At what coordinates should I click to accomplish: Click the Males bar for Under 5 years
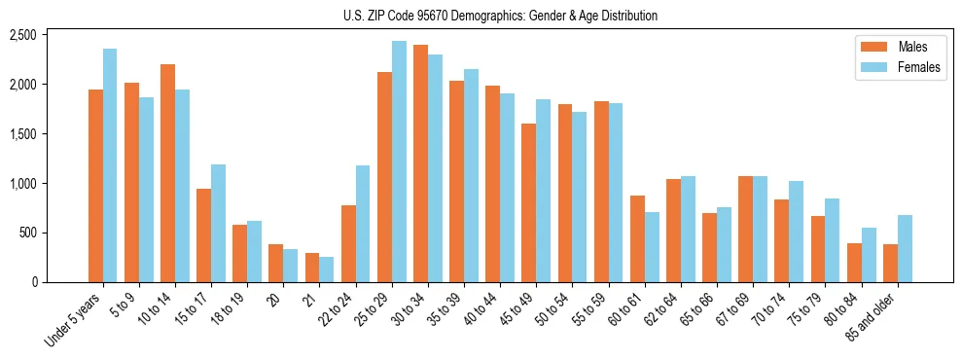[95, 186]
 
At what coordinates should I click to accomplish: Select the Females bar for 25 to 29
[399, 162]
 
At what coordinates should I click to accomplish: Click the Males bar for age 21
[312, 268]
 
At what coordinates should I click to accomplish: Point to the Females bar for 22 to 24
[363, 224]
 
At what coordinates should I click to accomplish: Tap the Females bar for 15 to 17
[219, 223]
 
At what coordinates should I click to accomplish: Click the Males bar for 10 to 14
[167, 173]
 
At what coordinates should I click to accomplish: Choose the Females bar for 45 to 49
[544, 191]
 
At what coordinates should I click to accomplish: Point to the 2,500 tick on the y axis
[49, 35]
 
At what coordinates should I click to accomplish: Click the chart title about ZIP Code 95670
[500, 16]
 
